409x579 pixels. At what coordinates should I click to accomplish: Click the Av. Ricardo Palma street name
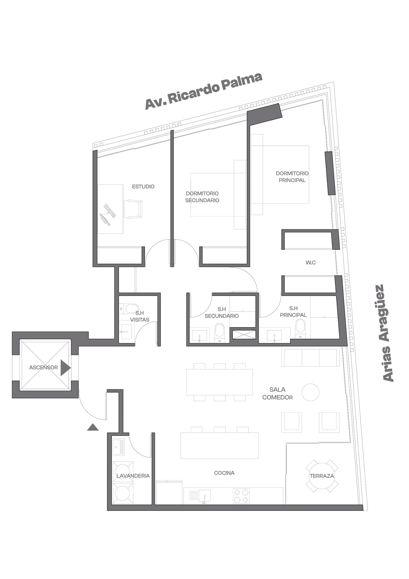click(204, 91)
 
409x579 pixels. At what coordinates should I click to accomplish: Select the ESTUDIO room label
click(143, 187)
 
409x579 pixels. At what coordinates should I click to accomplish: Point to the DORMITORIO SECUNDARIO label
click(202, 197)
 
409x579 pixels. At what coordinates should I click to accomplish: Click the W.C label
click(310, 263)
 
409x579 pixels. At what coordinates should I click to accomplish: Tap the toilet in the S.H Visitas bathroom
click(129, 308)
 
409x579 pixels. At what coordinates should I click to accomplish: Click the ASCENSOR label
click(43, 368)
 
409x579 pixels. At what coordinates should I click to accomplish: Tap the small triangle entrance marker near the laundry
click(93, 427)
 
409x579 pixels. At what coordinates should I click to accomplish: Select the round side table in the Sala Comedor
click(310, 392)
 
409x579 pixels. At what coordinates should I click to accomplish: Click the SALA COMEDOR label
click(277, 393)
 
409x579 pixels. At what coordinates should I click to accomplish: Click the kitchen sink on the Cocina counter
click(204, 496)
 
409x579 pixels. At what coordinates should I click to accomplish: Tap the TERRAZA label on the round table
click(322, 476)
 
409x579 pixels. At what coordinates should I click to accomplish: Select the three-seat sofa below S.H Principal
click(310, 357)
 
